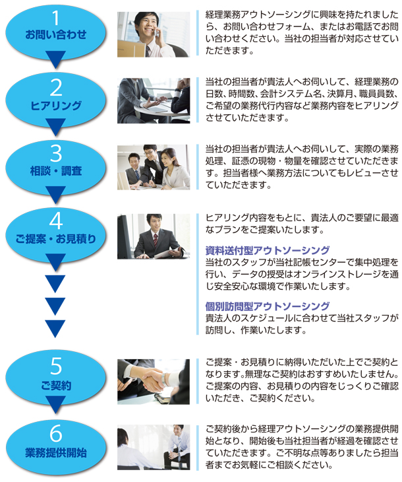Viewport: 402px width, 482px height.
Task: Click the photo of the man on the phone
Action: point(154,34)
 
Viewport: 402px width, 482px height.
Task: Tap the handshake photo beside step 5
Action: point(154,381)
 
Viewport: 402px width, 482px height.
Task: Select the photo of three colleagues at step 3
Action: point(154,167)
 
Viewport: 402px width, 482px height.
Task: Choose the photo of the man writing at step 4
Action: point(154,236)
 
